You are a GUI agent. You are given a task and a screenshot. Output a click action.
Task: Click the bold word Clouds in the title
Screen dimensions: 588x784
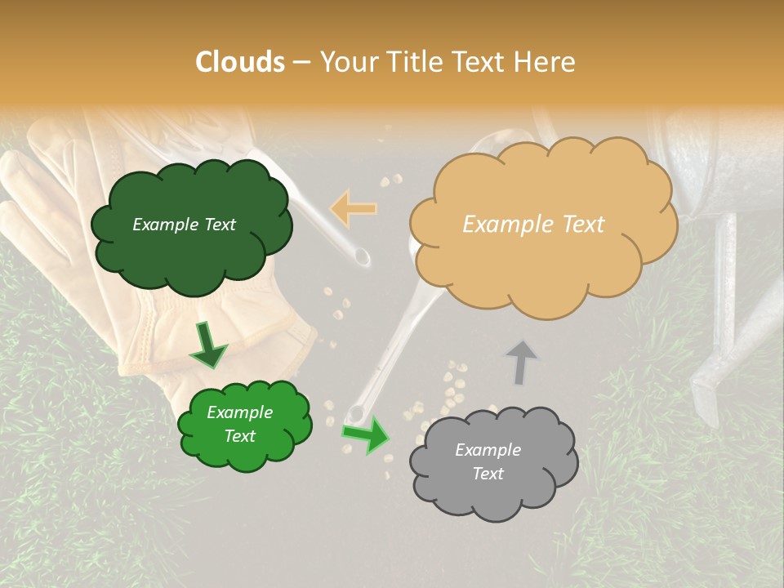tap(240, 61)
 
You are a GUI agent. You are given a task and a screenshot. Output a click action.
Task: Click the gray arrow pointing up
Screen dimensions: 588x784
tap(521, 361)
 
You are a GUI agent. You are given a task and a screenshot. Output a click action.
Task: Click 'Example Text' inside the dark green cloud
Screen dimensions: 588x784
tap(184, 225)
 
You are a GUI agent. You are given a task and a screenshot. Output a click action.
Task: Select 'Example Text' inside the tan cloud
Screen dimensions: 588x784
tap(533, 224)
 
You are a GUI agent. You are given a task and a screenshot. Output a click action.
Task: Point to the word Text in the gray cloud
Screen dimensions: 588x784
tap(488, 474)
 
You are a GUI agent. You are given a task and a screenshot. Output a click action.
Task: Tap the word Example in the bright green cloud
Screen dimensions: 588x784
tap(239, 412)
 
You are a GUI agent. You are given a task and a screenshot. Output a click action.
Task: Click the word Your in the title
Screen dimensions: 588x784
tap(344, 61)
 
